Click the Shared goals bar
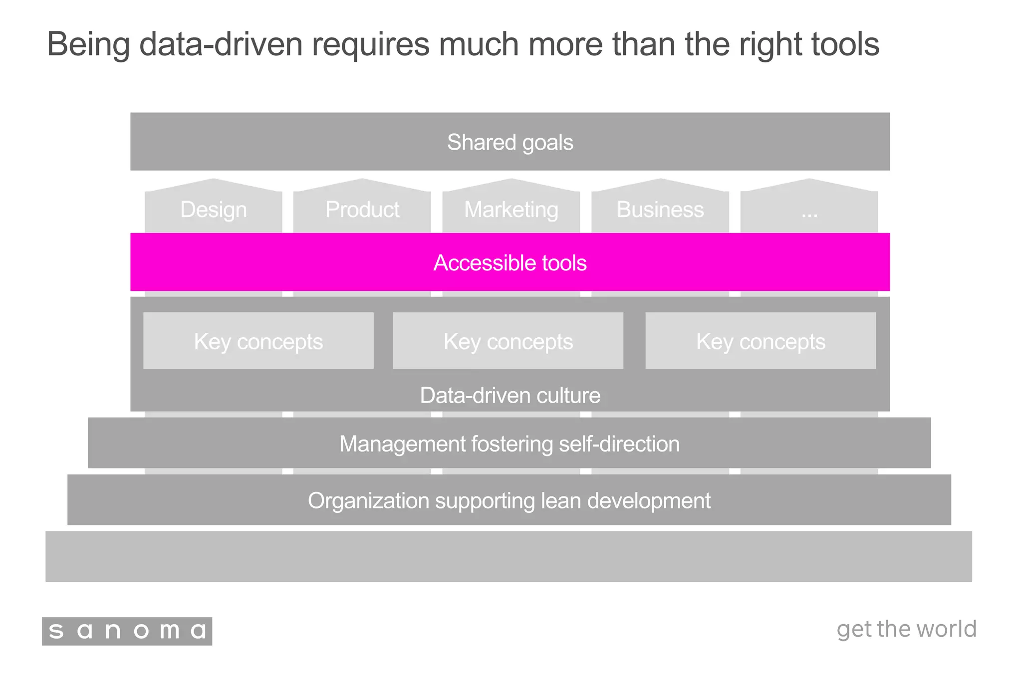coord(510,142)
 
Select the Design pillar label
coord(213,210)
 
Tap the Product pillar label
coord(362,210)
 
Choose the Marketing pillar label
coord(511,210)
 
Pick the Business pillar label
coord(660,210)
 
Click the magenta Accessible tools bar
coord(510,262)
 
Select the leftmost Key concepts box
coord(258,341)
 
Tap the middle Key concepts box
coord(508,341)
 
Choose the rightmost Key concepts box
coord(760,341)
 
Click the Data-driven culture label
coord(510,395)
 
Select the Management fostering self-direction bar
coord(509,443)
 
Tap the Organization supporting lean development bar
coord(509,500)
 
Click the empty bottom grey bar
coord(509,556)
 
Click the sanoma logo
coord(127,631)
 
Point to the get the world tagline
coord(906,629)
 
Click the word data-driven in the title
coord(221,44)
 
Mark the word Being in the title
coord(88,44)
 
